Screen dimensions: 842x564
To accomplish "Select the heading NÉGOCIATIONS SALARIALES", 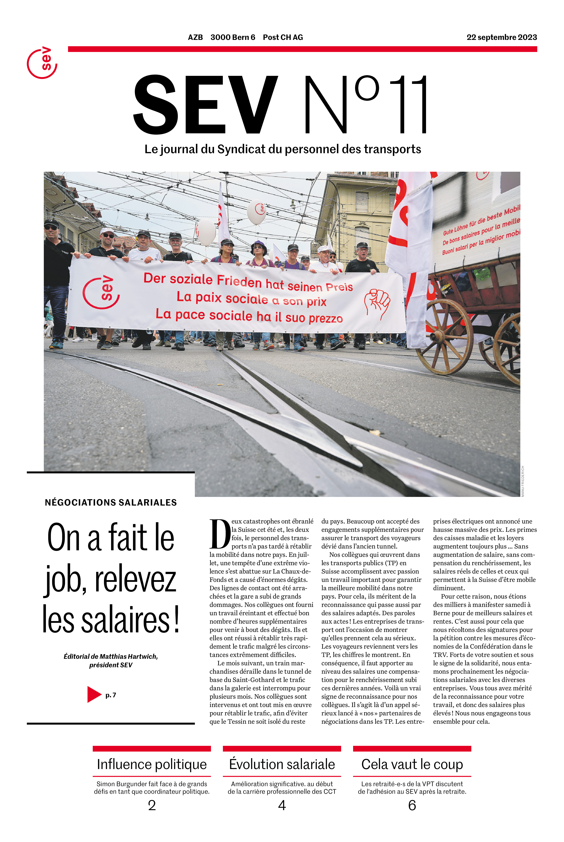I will (111, 503).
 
